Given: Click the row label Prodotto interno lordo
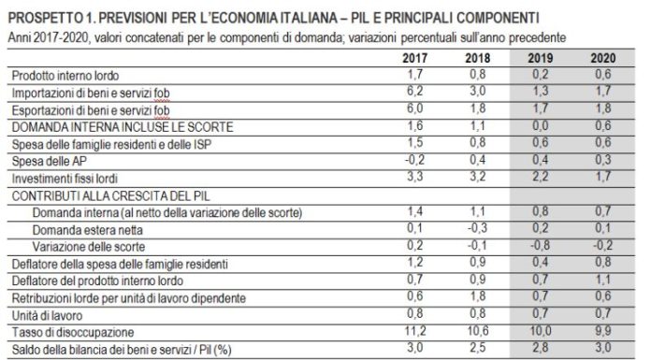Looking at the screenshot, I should click(x=63, y=75).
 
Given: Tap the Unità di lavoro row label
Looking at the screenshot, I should click(x=45, y=314).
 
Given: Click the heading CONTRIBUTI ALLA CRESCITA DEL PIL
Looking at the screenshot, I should click(x=94, y=194).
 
